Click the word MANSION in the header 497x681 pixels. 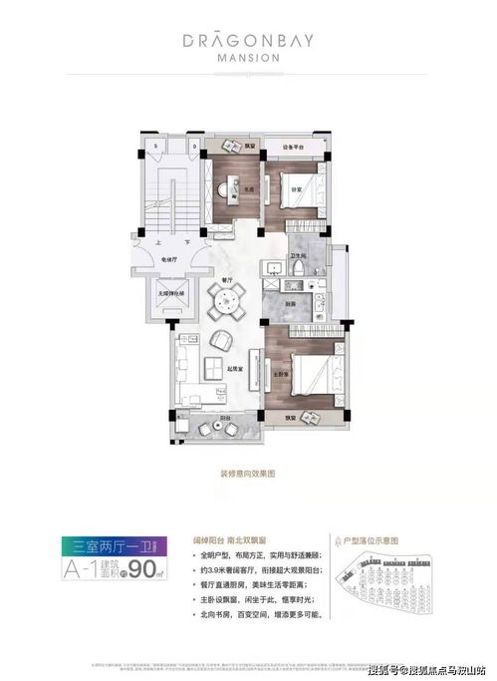coord(248,57)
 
